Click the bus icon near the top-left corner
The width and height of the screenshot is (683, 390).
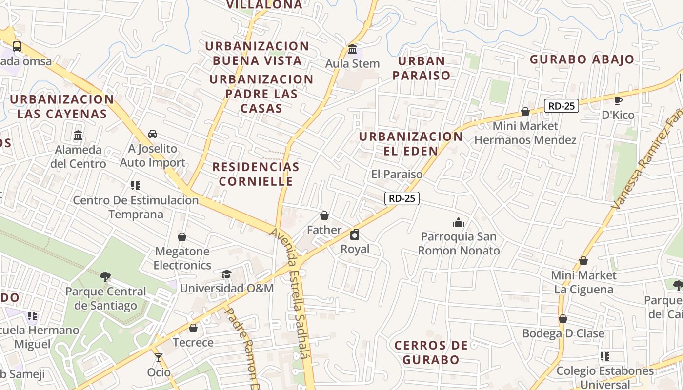tap(17, 47)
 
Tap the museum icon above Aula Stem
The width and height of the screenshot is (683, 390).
tap(352, 49)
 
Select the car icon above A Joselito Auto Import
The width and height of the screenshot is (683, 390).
tap(153, 134)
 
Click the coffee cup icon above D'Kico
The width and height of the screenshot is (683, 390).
tap(618, 101)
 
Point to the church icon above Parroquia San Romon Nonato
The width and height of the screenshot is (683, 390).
tap(459, 223)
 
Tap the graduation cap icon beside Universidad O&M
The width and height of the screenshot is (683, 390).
tap(226, 274)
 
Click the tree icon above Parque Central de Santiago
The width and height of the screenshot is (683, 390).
tap(105, 277)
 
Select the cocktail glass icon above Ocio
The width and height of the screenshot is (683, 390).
tap(159, 358)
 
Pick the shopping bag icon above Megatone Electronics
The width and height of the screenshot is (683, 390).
tap(182, 237)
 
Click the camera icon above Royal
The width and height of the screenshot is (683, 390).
tap(355, 235)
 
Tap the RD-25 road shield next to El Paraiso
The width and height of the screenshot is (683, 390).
tap(402, 198)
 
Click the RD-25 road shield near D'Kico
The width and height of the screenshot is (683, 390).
tap(562, 105)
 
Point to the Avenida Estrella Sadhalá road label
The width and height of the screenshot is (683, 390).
tap(290, 292)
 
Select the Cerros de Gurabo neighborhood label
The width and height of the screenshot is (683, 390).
tap(431, 352)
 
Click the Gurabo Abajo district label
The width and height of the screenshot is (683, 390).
tap(582, 59)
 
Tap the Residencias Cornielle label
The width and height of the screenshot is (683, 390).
tap(256, 174)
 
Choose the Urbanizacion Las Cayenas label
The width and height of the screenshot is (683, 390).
tap(61, 106)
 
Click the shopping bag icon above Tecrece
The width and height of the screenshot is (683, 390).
tap(193, 328)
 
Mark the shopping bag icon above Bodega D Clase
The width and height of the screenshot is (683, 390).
tap(563, 319)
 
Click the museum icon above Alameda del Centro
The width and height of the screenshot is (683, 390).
tap(78, 135)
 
